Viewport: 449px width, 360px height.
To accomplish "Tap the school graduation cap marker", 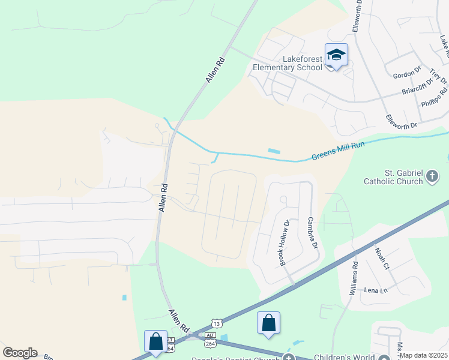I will coord(336,55).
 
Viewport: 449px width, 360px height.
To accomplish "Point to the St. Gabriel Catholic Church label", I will coord(393,176).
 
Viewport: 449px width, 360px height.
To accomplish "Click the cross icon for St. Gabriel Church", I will coord(432,176).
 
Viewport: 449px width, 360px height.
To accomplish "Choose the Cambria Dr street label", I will coord(312,236).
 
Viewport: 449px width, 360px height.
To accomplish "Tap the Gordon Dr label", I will coord(407,74).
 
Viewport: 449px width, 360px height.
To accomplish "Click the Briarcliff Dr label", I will coord(417,88).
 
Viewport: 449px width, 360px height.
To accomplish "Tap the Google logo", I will coord(20,353).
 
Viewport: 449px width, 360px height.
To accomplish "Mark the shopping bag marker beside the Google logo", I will coord(155,341).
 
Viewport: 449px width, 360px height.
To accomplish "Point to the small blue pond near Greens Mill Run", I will coord(274,151).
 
